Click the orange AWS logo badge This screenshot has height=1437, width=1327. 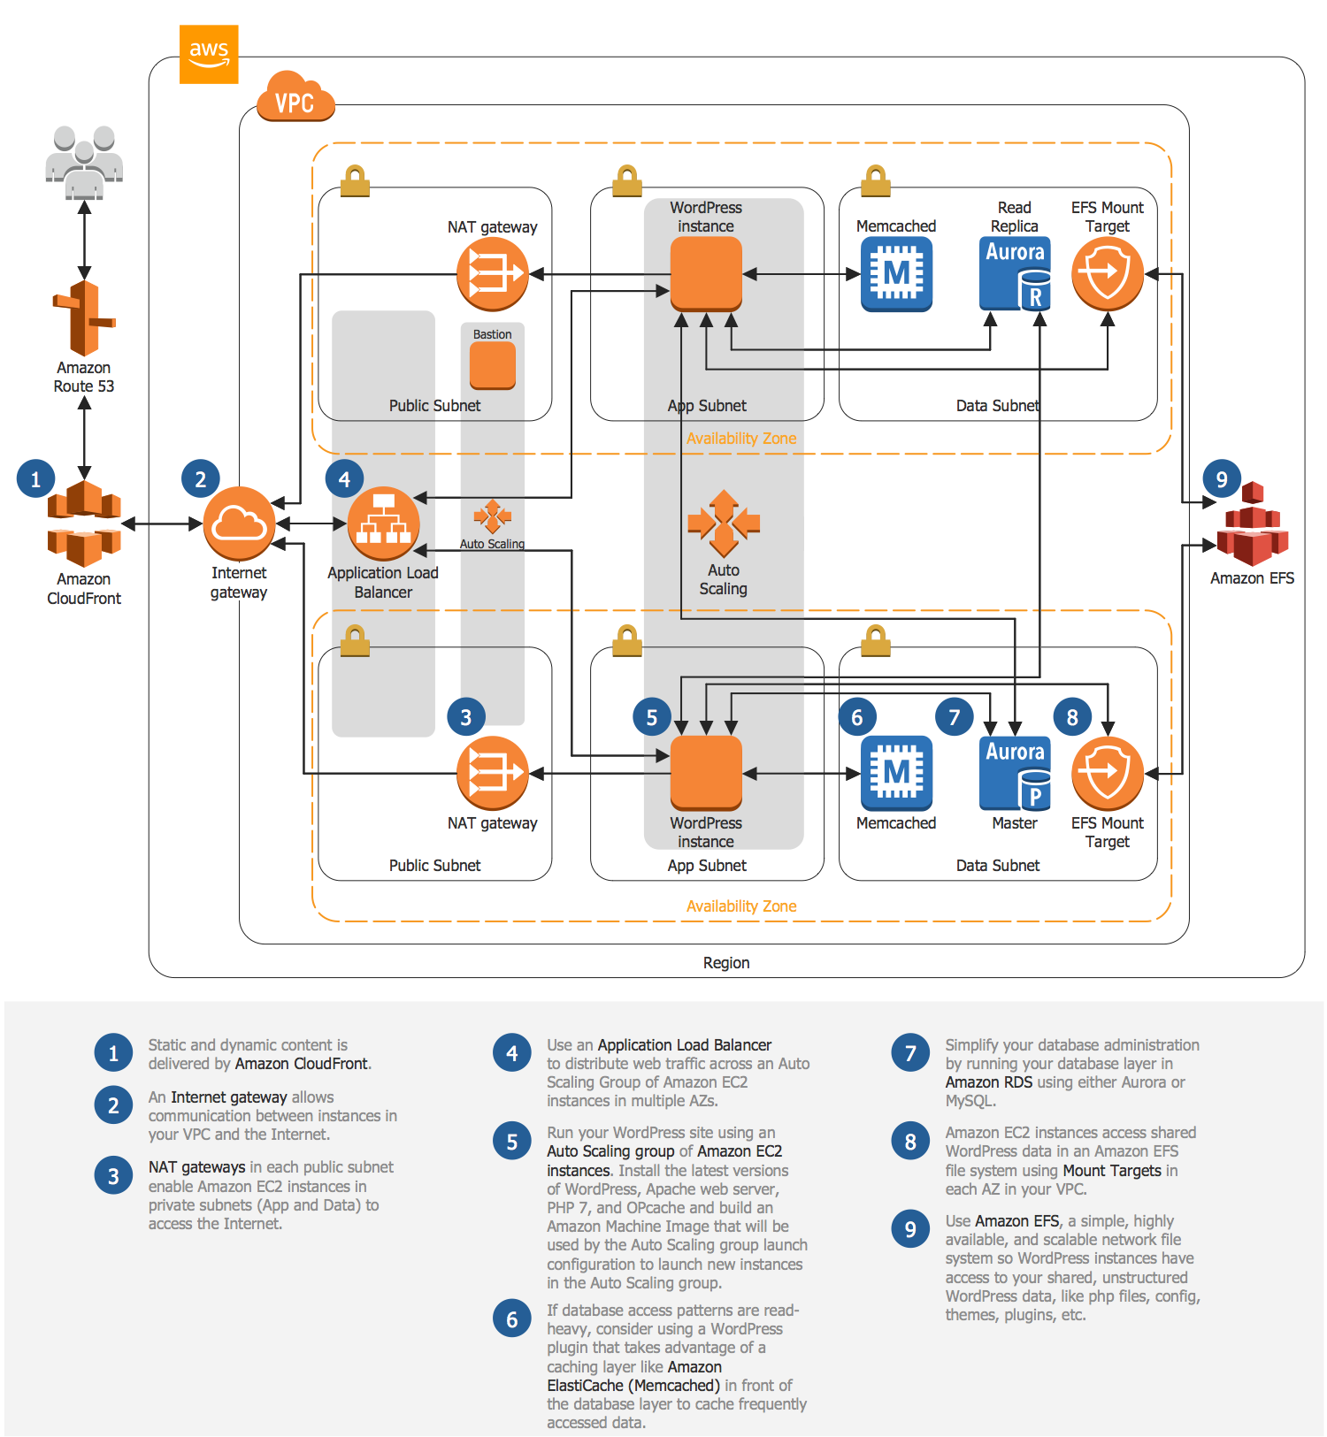(x=209, y=54)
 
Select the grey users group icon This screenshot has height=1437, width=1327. (x=84, y=160)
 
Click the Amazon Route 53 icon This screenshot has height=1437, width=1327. (x=84, y=318)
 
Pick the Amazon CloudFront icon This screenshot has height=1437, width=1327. (x=84, y=524)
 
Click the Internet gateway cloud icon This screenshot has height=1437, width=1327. (x=239, y=524)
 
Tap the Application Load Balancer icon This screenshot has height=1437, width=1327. (x=383, y=524)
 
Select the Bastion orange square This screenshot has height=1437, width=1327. (x=493, y=365)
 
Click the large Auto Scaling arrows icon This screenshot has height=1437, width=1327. (x=724, y=524)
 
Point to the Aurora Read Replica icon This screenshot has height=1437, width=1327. (x=1016, y=273)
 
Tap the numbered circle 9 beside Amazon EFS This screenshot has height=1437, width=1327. (x=1222, y=479)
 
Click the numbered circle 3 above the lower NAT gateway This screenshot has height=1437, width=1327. (x=466, y=717)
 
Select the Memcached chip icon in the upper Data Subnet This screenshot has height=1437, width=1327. (x=896, y=275)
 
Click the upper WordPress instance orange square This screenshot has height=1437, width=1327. (x=706, y=273)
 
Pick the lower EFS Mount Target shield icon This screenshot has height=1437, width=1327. (x=1107, y=773)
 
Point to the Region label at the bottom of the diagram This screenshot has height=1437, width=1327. (x=726, y=962)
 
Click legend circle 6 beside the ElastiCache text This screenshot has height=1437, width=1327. (x=511, y=1319)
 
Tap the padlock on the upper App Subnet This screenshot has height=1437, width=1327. (x=627, y=180)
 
